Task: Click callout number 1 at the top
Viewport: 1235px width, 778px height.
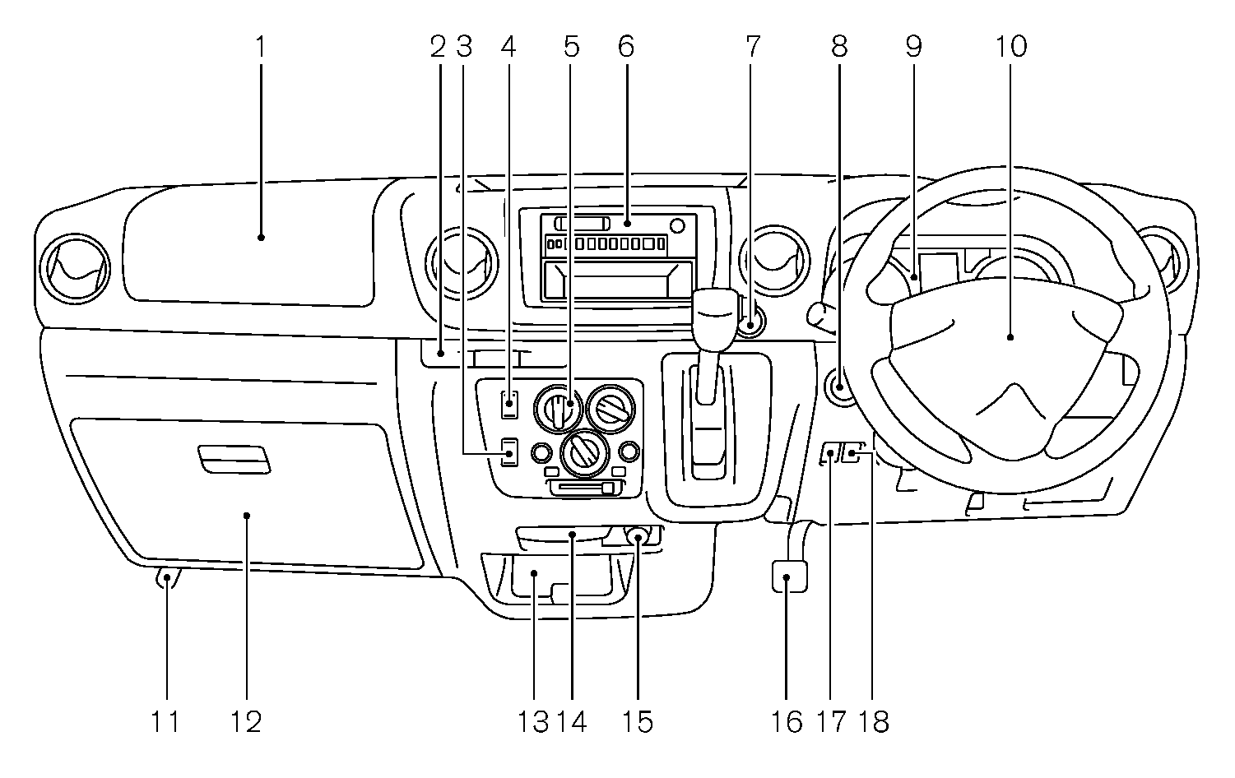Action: pyautogui.click(x=260, y=47)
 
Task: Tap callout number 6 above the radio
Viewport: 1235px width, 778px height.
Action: pyautogui.click(x=626, y=47)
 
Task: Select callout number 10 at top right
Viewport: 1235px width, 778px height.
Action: pyautogui.click(x=1011, y=47)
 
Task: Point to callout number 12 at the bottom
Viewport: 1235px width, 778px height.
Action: pyautogui.click(x=246, y=722)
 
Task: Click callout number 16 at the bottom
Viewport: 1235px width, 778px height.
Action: pyautogui.click(x=787, y=722)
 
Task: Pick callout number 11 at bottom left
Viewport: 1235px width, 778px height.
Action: pyautogui.click(x=165, y=722)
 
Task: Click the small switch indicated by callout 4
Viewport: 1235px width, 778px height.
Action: pyautogui.click(x=509, y=404)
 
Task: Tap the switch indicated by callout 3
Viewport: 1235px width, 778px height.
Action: pyautogui.click(x=509, y=452)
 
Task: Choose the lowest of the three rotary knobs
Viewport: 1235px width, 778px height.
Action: pyautogui.click(x=584, y=455)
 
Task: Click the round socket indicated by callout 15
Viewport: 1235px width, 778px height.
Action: pyautogui.click(x=638, y=537)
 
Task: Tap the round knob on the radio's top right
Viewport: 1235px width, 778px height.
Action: pyautogui.click(x=677, y=225)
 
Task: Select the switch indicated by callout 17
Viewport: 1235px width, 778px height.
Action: pyautogui.click(x=831, y=452)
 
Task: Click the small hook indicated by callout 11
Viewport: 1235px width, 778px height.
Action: pyautogui.click(x=167, y=578)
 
